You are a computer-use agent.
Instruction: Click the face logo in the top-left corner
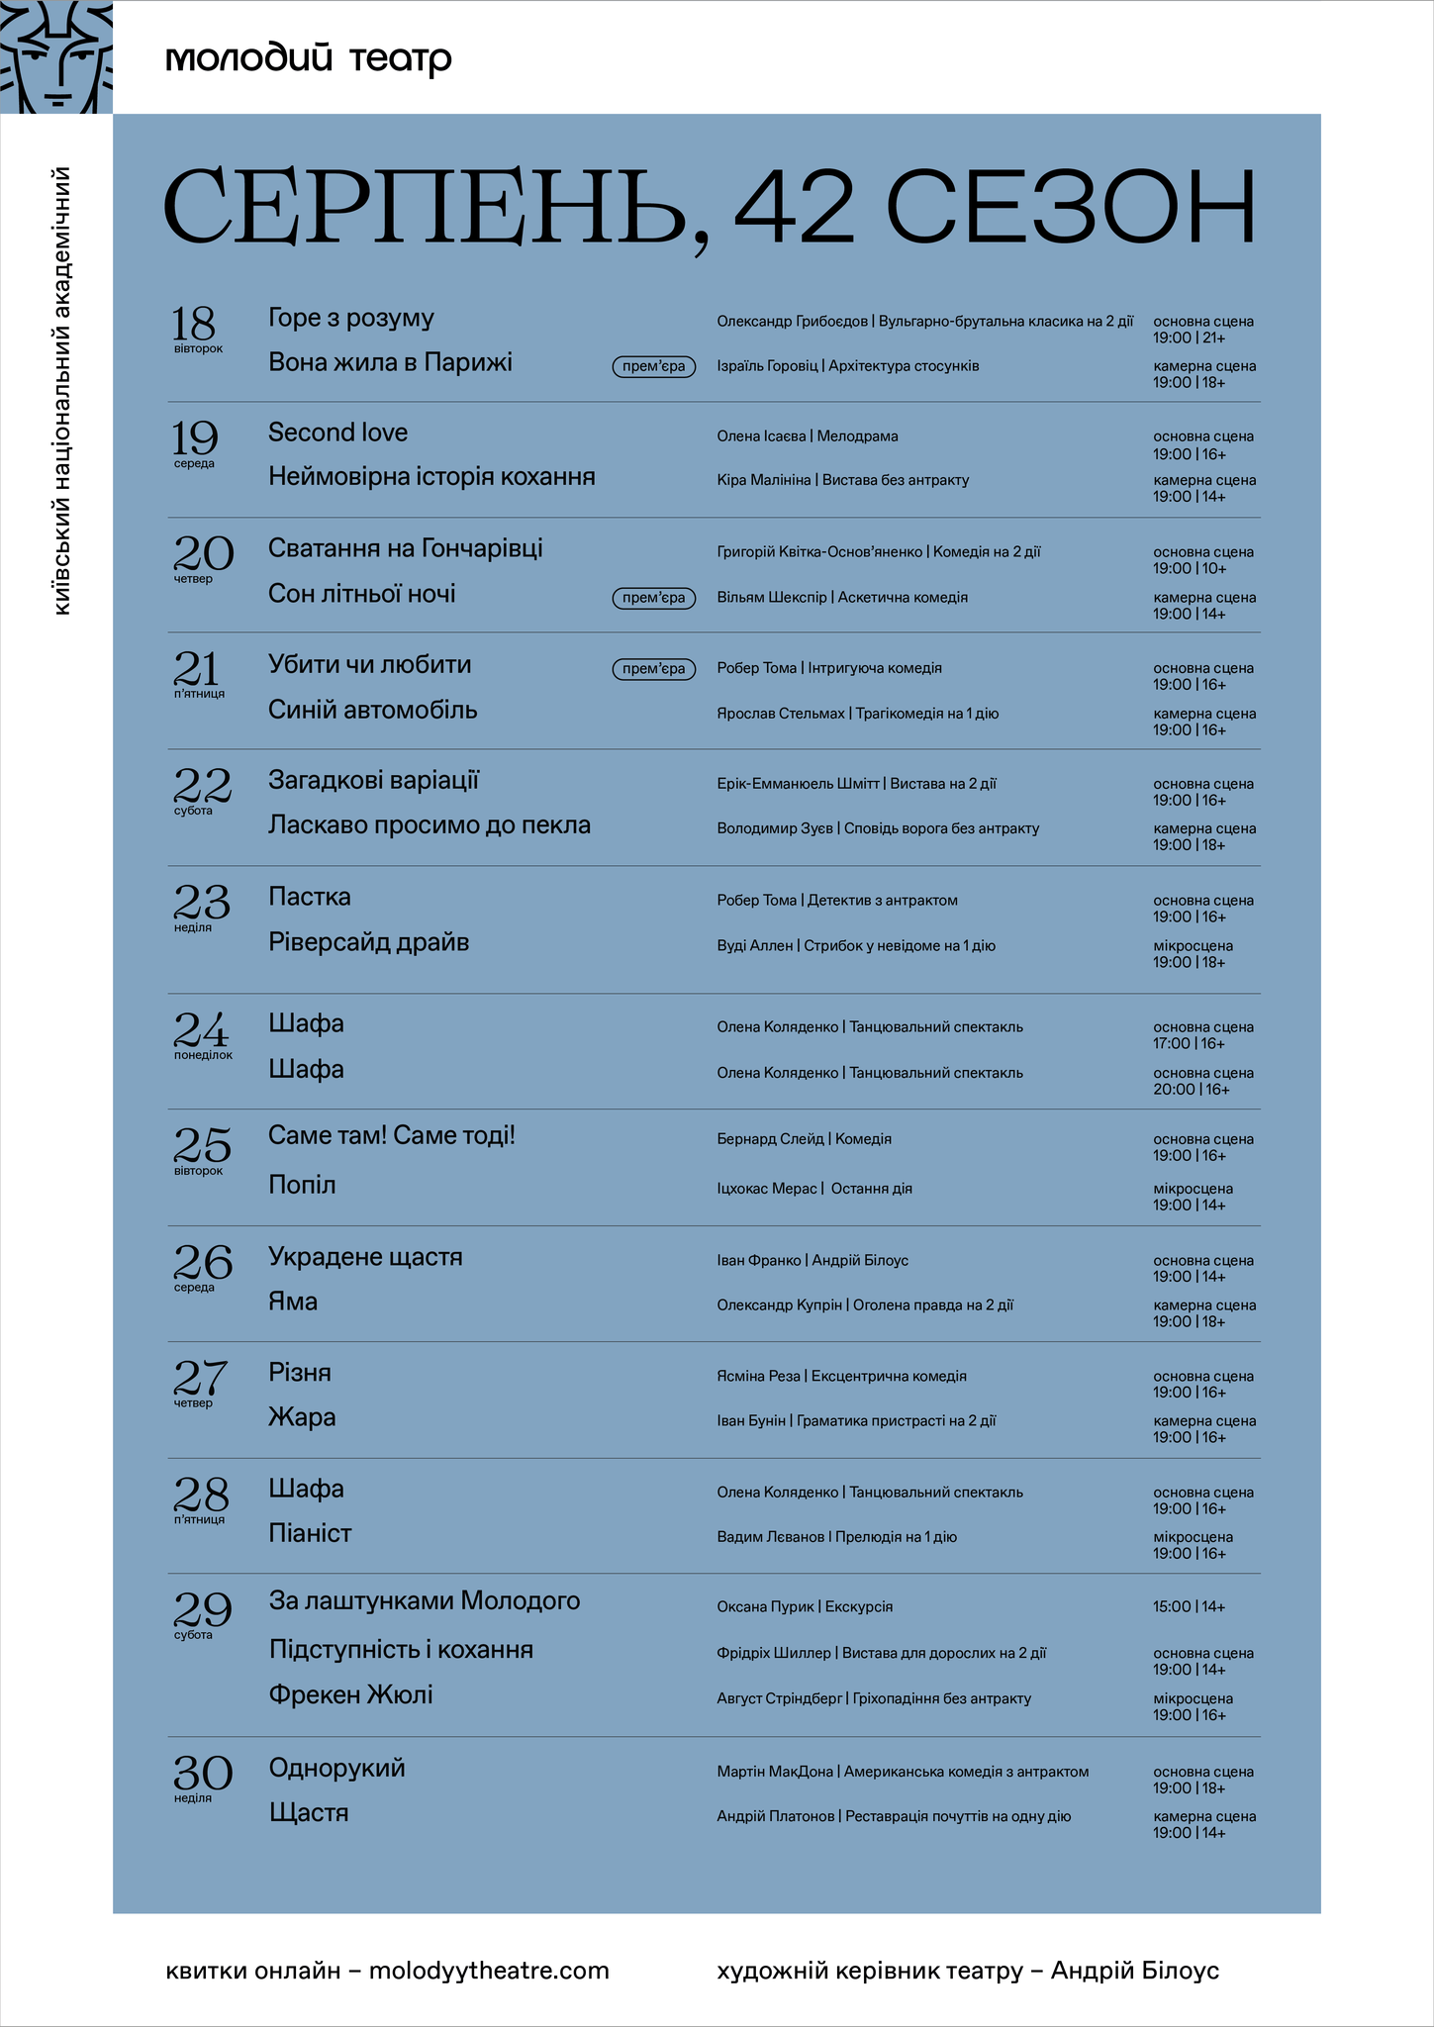coord(55,56)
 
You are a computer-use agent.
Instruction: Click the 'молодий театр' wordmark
coord(308,59)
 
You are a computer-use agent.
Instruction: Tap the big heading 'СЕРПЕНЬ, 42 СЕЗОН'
coord(709,208)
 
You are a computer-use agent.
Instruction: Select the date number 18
coord(193,323)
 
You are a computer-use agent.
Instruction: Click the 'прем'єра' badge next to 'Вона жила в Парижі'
coord(653,367)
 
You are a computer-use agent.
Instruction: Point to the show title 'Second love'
coord(337,433)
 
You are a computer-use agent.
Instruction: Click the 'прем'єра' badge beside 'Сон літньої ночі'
coord(653,598)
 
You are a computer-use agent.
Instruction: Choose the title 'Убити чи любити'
coord(369,664)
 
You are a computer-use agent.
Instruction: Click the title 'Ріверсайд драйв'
coord(368,942)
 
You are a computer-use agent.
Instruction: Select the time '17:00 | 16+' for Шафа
coord(1189,1043)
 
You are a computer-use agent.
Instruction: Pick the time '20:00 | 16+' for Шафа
coord(1191,1090)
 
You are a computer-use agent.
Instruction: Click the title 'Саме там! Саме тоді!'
coord(392,1135)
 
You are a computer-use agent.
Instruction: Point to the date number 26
coord(203,1261)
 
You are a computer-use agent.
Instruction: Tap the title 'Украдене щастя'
coord(365,1257)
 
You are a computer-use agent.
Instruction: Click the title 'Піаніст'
coord(310,1533)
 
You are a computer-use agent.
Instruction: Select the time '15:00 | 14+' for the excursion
coord(1189,1606)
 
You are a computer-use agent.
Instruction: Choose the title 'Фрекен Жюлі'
coord(350,1694)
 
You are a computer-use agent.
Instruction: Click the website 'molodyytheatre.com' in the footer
coord(489,1971)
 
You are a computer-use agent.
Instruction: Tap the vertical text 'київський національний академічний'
coord(61,391)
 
